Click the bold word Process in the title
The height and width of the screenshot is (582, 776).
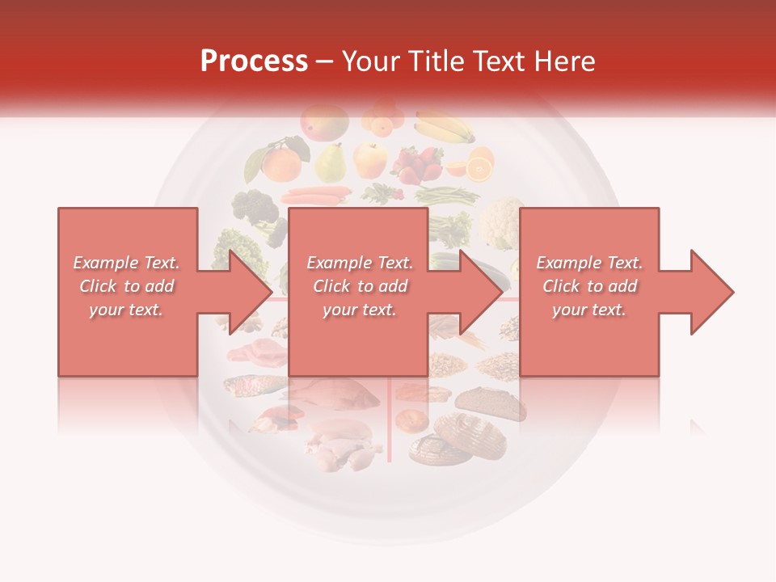tap(254, 61)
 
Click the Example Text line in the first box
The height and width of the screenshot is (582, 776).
tap(126, 263)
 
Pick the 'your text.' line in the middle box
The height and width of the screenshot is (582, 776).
tap(359, 310)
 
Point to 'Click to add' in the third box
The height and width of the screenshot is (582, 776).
tap(589, 286)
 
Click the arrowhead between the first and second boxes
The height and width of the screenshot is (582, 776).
tap(251, 292)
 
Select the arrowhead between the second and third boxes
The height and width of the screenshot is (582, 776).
tap(481, 292)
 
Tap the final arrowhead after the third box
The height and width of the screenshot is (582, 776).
tap(711, 292)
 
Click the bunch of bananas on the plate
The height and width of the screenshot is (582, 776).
tap(445, 127)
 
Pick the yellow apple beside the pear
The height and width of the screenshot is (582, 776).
tap(371, 159)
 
